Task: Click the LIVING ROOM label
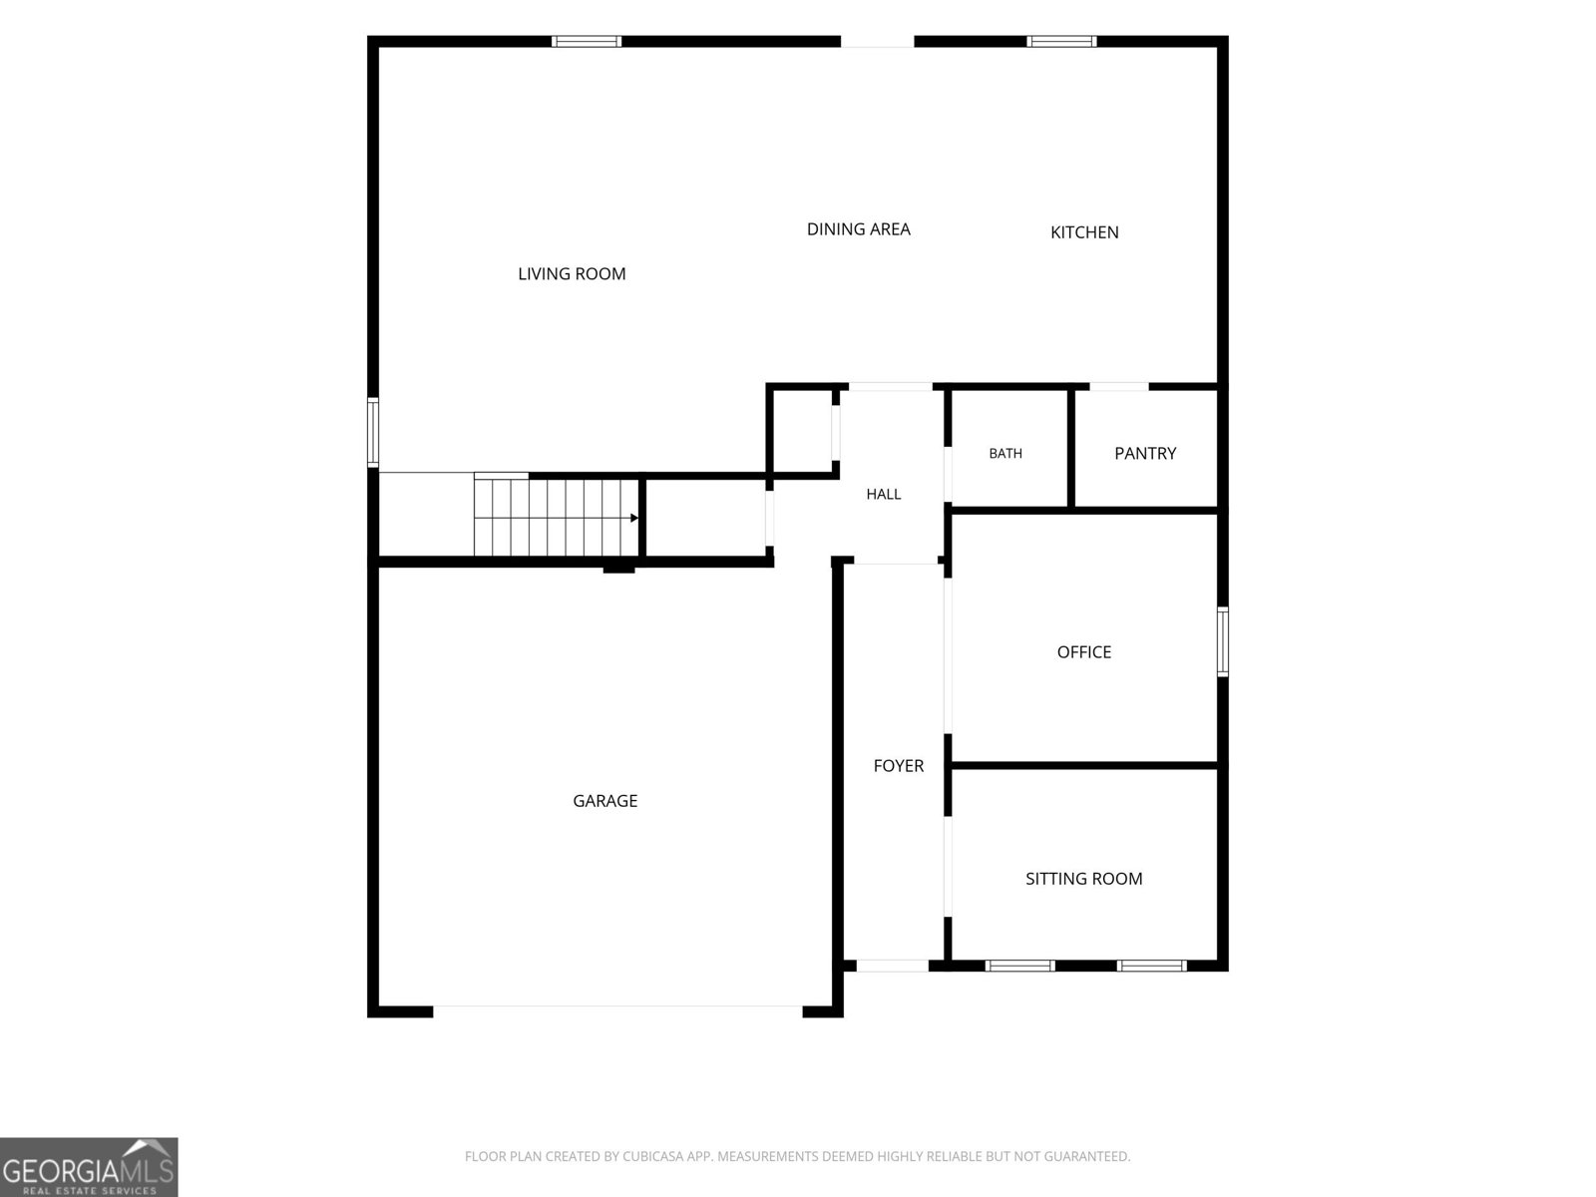572,274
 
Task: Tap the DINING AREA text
858,229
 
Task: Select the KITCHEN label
1084,232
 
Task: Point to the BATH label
1004,454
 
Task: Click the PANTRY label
1145,454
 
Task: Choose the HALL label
884,494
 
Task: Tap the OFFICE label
1084,652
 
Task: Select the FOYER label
898,765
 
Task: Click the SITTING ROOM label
1083,879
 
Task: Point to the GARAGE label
604,801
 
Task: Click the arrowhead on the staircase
634,518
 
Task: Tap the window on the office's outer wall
1222,641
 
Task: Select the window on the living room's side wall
373,432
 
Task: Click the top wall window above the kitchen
1061,42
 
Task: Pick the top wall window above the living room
587,42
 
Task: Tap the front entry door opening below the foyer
892,966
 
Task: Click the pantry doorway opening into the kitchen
1118,387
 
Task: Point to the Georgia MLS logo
89,1167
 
